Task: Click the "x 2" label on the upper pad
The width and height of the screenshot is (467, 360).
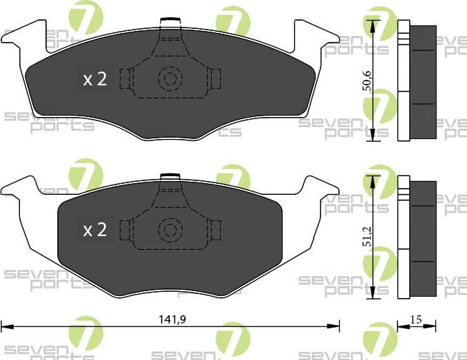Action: coord(94,79)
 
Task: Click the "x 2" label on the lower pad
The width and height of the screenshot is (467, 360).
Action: coord(94,230)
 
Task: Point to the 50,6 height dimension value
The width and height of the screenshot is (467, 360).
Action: coord(368,81)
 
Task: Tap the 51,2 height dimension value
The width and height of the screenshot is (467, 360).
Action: coord(368,236)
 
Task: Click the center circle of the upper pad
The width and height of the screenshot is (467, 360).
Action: coord(169,78)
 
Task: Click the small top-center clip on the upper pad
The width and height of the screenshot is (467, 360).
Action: coord(169,21)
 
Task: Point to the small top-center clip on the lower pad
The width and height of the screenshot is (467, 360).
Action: coord(169,177)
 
